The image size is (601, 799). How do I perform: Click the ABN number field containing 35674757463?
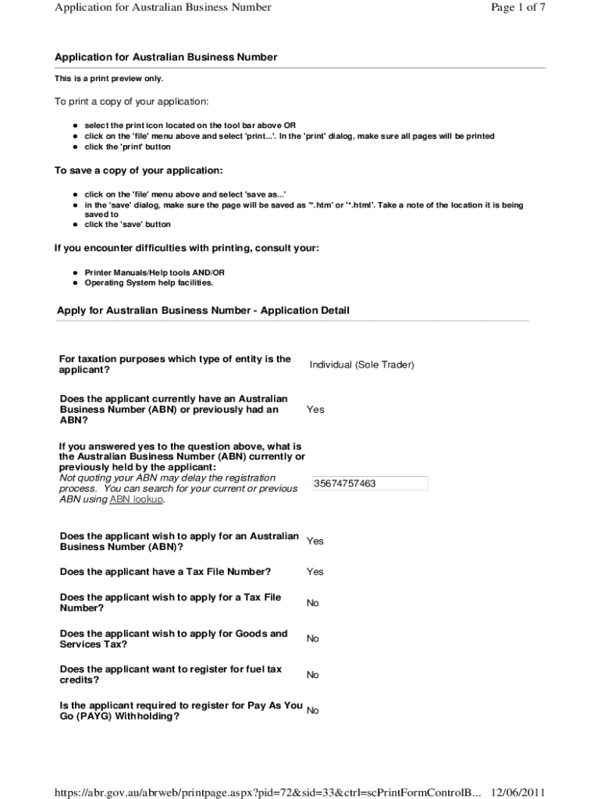point(370,484)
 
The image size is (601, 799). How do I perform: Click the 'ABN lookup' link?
point(137,499)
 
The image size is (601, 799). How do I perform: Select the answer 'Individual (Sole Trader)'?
point(361,364)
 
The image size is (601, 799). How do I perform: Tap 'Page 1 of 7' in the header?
point(517,8)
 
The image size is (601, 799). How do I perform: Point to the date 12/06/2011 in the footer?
point(517,792)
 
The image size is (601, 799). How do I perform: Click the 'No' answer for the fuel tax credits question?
point(312,675)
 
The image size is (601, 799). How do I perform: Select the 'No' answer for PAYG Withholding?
point(312,711)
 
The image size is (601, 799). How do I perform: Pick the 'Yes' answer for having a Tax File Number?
point(315,572)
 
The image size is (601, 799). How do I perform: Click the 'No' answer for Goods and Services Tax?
point(312,639)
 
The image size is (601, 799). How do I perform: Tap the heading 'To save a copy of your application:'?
point(138,170)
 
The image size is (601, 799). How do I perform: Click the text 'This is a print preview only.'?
point(108,79)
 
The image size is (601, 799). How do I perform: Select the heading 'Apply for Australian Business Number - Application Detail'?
point(203,311)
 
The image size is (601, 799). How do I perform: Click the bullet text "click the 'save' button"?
point(127,225)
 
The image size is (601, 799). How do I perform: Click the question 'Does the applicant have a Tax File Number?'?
point(165,572)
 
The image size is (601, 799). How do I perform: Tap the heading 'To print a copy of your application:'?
point(131,102)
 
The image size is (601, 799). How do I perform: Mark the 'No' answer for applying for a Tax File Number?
point(312,603)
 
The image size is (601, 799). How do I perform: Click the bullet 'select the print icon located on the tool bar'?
point(190,126)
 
